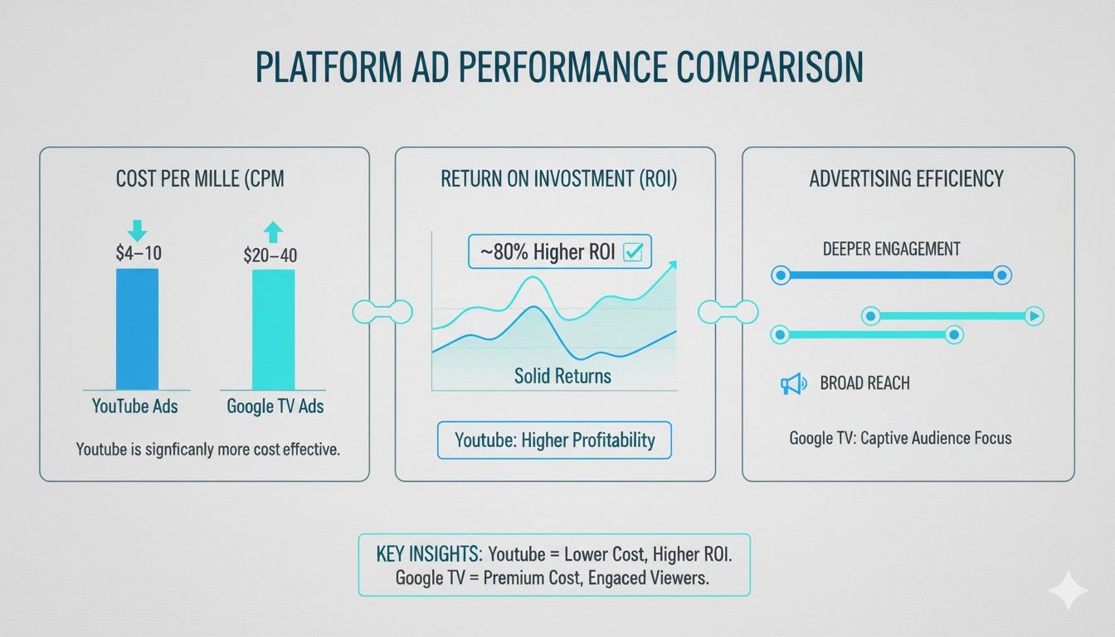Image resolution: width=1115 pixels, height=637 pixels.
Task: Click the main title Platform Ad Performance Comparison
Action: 557,68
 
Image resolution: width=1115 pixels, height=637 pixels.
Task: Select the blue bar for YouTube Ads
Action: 137,329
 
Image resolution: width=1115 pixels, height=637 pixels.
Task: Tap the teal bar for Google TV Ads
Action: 273,329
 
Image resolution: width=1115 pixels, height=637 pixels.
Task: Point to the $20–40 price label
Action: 270,255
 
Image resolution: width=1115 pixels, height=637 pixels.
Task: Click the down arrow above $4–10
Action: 137,227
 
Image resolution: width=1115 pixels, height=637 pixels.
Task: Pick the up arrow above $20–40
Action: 273,231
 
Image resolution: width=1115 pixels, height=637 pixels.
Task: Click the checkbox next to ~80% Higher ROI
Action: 633,252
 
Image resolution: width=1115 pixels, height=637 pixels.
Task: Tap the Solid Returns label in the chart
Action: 562,376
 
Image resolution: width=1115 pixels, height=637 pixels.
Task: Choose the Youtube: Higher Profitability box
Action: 554,440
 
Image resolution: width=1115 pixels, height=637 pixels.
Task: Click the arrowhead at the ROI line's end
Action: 671,265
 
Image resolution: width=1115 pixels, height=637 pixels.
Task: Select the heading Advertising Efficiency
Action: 906,178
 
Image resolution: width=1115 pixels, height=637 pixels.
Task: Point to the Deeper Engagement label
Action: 891,249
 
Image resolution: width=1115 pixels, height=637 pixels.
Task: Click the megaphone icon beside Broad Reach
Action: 792,383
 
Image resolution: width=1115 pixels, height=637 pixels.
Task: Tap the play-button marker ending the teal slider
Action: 1034,315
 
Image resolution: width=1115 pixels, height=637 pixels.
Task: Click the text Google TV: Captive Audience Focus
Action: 900,437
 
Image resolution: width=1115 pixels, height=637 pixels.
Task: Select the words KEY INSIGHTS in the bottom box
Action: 429,552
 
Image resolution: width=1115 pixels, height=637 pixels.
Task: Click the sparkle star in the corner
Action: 1067,590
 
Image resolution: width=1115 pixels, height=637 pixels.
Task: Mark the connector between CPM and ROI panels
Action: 382,311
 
